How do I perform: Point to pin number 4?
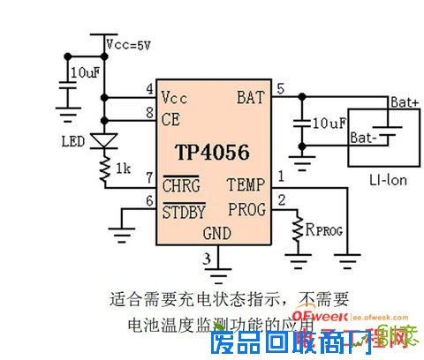pyautogui.click(x=150, y=89)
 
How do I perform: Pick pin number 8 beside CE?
pyautogui.click(x=150, y=111)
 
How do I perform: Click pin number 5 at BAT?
pyautogui.click(x=281, y=88)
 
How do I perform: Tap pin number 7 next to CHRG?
pyautogui.click(x=150, y=177)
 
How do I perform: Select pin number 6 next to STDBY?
pyautogui.click(x=150, y=201)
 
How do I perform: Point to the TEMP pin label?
pyautogui.click(x=245, y=185)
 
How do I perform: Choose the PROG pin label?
pyautogui.click(x=245, y=210)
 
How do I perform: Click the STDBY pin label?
pyautogui.click(x=184, y=211)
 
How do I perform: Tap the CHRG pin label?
pyautogui.click(x=181, y=186)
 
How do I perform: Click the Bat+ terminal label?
pyautogui.click(x=404, y=102)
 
